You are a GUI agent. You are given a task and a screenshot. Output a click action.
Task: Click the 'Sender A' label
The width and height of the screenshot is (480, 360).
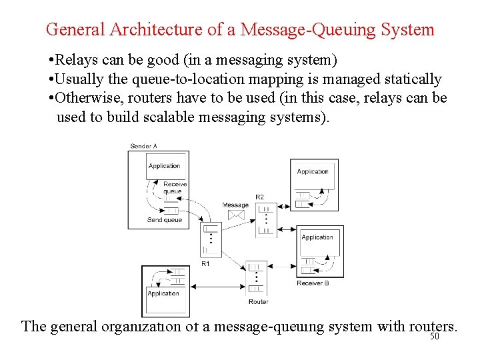[143, 146]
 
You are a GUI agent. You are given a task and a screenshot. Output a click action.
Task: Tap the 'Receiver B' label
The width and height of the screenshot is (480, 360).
[313, 283]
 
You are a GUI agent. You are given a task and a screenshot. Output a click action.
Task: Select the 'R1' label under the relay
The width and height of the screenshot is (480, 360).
[205, 264]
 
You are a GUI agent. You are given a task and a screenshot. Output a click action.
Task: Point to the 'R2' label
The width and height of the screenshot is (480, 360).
[259, 197]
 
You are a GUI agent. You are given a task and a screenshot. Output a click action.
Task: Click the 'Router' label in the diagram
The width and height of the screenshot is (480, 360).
[258, 301]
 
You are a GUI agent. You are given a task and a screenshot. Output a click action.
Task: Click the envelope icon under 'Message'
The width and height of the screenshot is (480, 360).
[235, 215]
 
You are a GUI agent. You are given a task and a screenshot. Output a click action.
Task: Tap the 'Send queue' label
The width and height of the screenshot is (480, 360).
[164, 220]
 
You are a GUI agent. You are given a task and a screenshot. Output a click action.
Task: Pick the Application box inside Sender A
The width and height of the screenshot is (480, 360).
[165, 166]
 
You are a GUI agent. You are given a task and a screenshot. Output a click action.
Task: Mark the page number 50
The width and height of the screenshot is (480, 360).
[435, 337]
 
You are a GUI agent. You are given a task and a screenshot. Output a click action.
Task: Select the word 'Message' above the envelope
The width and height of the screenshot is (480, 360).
[235, 205]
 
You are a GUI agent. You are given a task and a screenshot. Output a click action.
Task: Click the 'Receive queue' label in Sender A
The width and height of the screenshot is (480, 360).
[174, 188]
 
